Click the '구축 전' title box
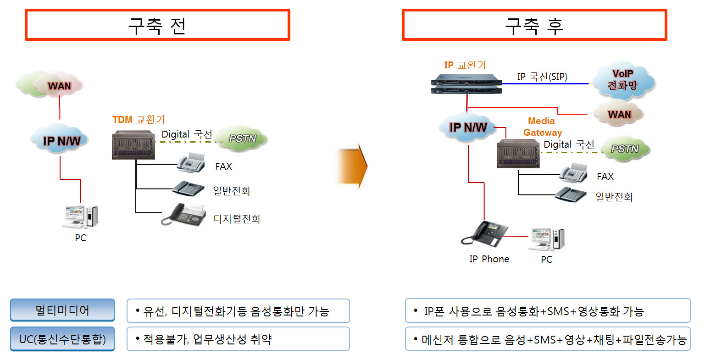tap(157, 25)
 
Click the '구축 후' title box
tap(534, 25)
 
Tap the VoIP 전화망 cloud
tap(623, 80)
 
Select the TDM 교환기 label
tap(138, 120)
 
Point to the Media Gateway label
tap(542, 127)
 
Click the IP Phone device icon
tap(485, 234)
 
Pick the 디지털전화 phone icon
tap(183, 215)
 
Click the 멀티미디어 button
tap(62, 310)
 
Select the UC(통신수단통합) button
tap(62, 339)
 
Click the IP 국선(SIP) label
tap(542, 77)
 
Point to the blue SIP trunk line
tap(546, 84)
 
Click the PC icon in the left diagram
tap(81, 217)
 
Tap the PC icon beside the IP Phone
tap(547, 239)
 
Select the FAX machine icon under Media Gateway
tap(573, 174)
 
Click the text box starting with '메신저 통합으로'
tap(548, 339)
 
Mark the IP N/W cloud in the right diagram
tap(467, 127)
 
